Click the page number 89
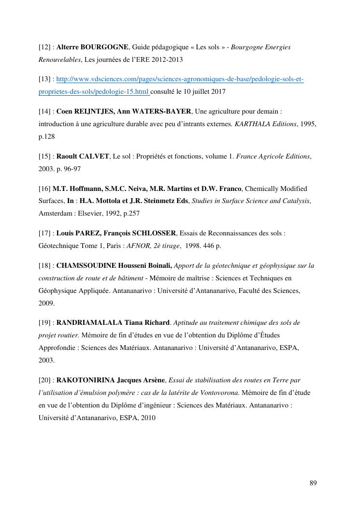pyautogui.click(x=313, y=483)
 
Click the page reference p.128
pyautogui.click(x=46, y=137)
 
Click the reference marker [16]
pyautogui.click(x=45, y=189)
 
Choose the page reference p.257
pyautogui.click(x=130, y=213)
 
